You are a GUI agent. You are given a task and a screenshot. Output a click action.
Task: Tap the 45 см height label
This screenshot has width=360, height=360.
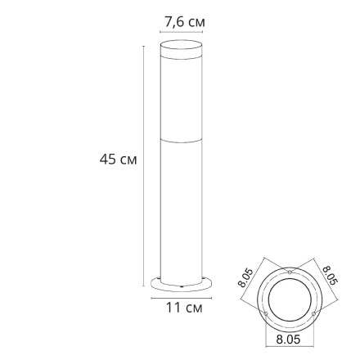(117, 160)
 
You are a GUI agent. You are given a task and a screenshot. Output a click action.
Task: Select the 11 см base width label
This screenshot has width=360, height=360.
(183, 308)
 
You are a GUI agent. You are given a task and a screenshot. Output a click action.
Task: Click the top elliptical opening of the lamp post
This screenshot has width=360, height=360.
(180, 45)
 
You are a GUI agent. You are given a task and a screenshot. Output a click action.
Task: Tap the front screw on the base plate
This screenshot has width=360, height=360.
(180, 288)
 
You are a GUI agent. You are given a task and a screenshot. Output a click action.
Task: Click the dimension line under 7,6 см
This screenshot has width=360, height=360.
(180, 32)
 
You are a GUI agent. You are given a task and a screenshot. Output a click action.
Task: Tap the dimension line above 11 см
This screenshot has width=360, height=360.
(180, 299)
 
